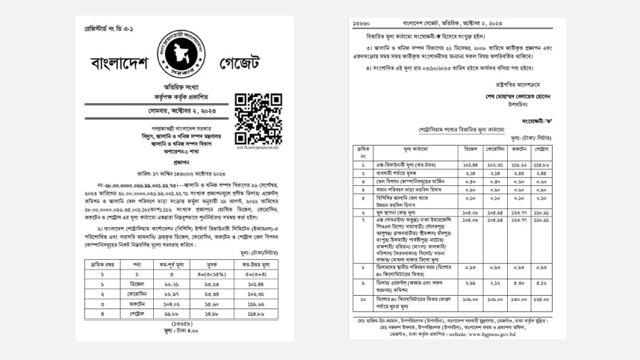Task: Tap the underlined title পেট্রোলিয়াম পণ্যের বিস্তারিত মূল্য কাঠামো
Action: click(452, 129)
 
